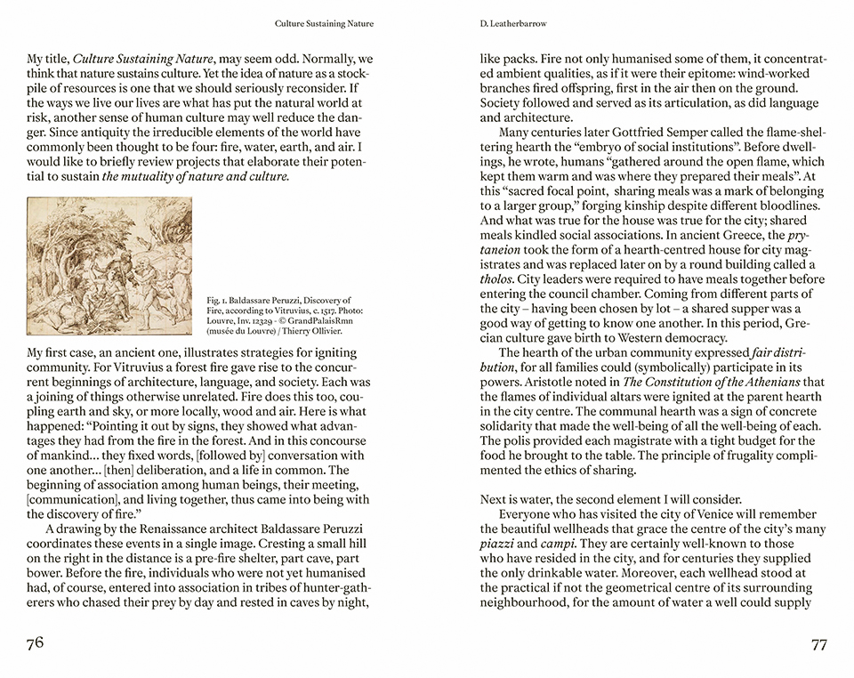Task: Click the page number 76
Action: click(35, 643)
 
